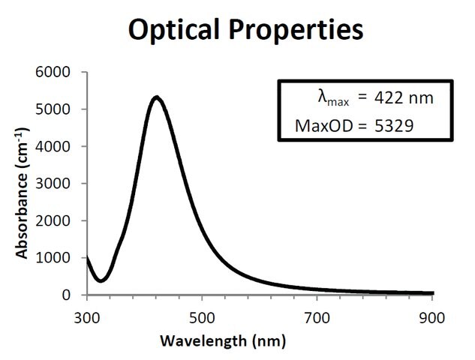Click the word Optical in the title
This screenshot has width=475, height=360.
click(173, 31)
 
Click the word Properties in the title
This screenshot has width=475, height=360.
click(296, 31)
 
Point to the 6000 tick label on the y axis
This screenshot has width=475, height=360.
click(53, 72)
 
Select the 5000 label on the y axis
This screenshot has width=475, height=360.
click(53, 109)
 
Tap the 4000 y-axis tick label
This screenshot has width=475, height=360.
click(53, 146)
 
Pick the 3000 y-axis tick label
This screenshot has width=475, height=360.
click(53, 184)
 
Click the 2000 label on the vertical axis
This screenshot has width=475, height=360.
click(53, 220)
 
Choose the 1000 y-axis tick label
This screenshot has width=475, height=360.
click(53, 258)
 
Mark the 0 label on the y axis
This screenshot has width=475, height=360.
click(66, 295)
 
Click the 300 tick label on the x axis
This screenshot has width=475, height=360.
click(86, 318)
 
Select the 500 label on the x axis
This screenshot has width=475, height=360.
click(202, 318)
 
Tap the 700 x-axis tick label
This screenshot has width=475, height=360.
click(317, 318)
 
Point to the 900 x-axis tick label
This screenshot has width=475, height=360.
click(432, 318)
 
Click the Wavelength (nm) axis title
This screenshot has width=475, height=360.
click(223, 341)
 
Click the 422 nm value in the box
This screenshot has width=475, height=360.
click(404, 97)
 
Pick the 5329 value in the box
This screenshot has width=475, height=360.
click(394, 126)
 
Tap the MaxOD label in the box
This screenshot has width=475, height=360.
click(324, 126)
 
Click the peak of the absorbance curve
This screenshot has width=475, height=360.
click(157, 97)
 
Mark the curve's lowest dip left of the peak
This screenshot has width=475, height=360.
click(101, 280)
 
